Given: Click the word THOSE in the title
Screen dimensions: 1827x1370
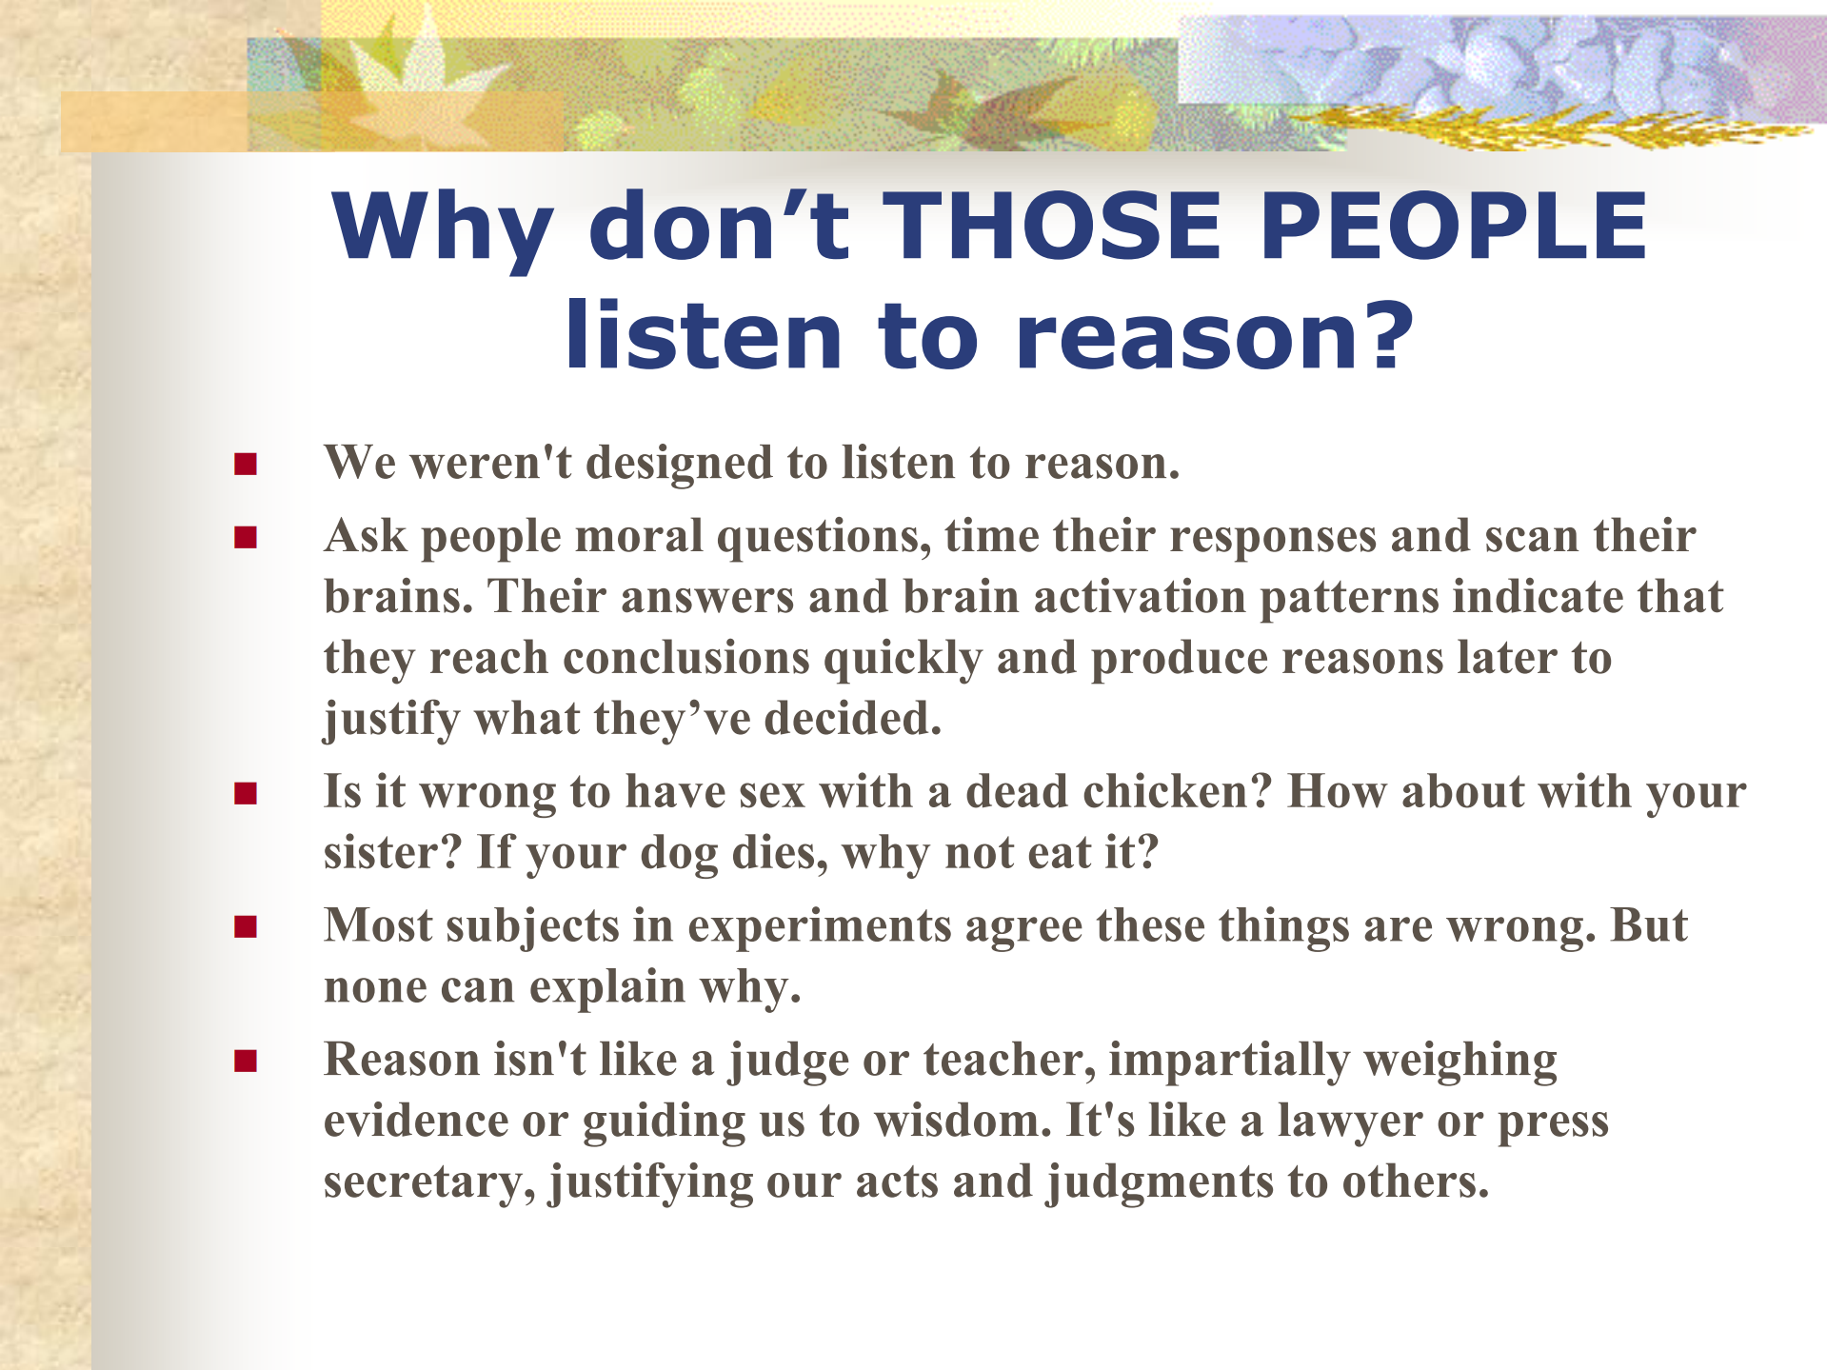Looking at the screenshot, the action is [1052, 227].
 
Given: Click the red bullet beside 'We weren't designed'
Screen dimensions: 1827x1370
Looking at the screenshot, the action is [246, 464].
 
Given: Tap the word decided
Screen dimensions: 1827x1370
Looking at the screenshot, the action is [853, 719].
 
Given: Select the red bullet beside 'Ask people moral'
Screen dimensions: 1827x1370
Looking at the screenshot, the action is [246, 538].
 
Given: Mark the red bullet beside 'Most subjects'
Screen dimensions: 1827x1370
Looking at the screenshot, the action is [246, 927].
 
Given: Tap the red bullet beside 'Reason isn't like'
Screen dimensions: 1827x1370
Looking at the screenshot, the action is [246, 1062].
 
